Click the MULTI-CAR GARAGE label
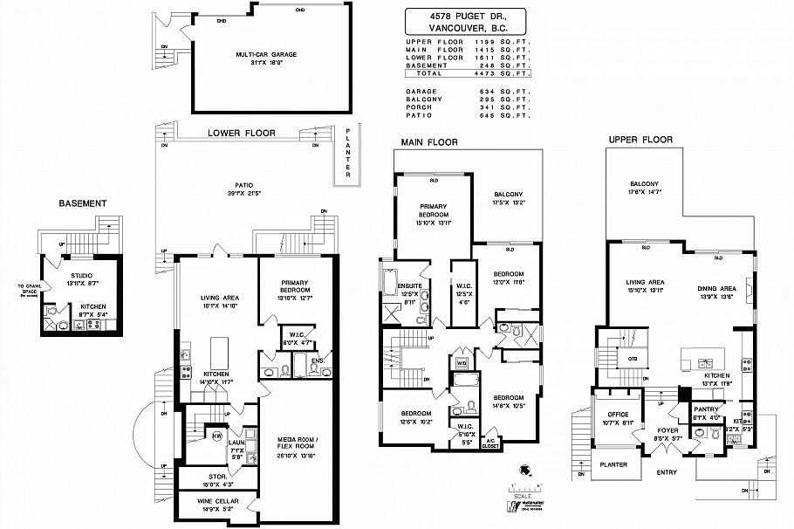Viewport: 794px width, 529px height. point(266,54)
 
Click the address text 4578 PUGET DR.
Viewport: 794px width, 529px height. point(467,17)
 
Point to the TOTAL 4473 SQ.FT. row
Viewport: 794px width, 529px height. point(467,74)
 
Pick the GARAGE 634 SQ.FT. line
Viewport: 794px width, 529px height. point(467,91)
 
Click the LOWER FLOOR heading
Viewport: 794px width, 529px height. point(241,134)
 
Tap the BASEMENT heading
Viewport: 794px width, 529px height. point(82,203)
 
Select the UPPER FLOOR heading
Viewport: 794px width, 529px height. point(640,140)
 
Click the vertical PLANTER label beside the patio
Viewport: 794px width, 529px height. point(346,155)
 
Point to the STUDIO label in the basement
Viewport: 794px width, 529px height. point(82,275)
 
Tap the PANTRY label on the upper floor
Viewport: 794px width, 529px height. point(704,409)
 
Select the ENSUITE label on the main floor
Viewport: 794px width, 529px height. point(410,285)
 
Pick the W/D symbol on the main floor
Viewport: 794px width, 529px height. point(462,363)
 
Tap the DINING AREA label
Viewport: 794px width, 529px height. point(715,288)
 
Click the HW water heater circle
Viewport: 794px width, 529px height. point(216,435)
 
